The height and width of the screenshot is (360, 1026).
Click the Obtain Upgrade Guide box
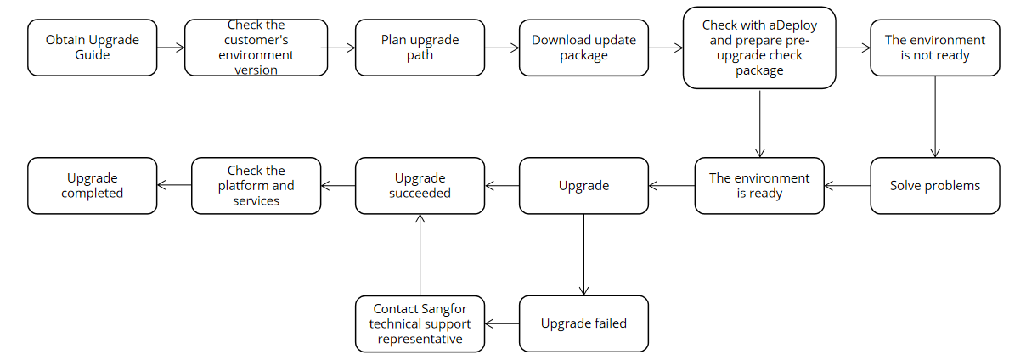click(x=93, y=48)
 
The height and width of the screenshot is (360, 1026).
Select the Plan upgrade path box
click(x=420, y=48)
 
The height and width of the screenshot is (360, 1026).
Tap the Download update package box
click(x=583, y=48)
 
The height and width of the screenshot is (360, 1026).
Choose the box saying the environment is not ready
click(x=935, y=48)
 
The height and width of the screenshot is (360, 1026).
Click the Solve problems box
click(x=935, y=185)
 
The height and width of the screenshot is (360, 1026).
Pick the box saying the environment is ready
click(x=759, y=185)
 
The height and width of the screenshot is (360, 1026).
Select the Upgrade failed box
click(x=583, y=323)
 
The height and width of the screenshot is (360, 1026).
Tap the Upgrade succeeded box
click(x=420, y=185)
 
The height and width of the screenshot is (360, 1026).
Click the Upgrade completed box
click(x=93, y=185)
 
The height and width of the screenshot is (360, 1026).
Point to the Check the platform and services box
click(x=256, y=185)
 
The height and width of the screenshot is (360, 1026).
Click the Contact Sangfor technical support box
click(x=420, y=323)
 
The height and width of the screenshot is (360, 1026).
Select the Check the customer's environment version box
click(x=256, y=48)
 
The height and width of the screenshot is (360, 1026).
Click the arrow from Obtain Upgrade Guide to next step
click(x=171, y=48)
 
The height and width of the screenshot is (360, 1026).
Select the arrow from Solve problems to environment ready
click(x=847, y=185)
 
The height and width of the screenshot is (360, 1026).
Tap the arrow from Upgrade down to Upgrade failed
click(x=583, y=254)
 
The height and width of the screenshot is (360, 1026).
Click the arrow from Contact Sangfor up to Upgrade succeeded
click(x=420, y=254)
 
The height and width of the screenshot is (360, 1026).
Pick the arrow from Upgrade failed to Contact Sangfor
click(x=502, y=323)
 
